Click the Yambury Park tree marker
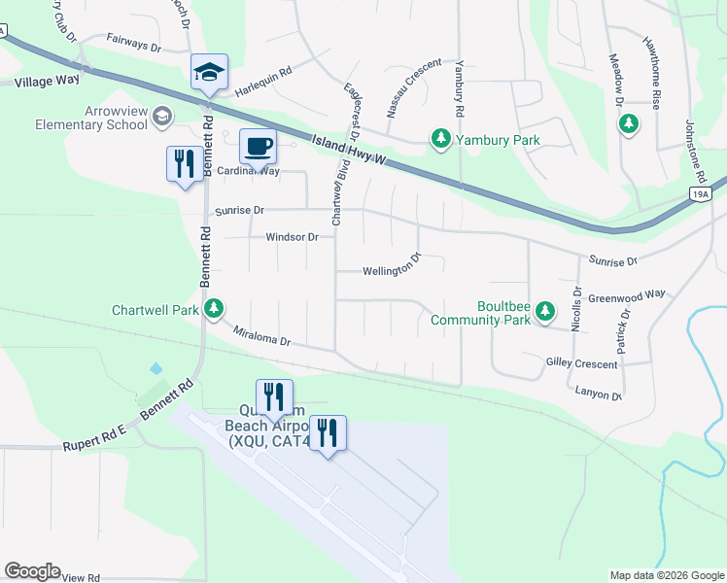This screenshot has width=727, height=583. pos(440,140)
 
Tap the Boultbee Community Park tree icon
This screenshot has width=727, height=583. pos(546,311)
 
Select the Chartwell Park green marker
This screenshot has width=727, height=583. pos(214,310)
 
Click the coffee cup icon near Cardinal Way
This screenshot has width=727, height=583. pos(258,147)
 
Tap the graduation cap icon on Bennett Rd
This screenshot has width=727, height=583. pos(209,72)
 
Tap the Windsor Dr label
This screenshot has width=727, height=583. pos(292,237)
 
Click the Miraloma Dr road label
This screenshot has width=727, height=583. pos(262,335)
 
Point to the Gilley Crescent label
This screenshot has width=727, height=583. pos(581,364)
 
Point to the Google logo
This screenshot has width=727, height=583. pos(32,571)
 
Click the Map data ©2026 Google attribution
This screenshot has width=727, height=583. pos(666,575)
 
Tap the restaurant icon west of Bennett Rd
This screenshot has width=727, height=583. pos(185,163)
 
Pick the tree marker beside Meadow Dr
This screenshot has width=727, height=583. pos(630,123)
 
